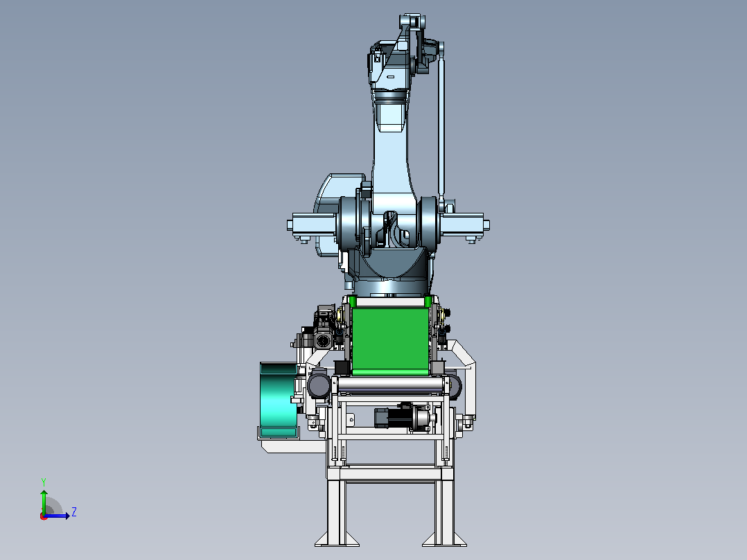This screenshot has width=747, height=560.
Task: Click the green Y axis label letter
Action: point(44,482)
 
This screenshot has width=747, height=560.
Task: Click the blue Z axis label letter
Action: point(74,512)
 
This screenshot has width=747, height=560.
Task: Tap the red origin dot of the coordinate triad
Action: point(44,516)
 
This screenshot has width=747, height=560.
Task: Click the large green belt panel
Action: point(390,342)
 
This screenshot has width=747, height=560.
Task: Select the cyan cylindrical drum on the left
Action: point(279,401)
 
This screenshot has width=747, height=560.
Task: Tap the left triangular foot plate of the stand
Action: point(336,539)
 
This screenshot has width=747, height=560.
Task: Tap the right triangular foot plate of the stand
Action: point(444,539)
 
